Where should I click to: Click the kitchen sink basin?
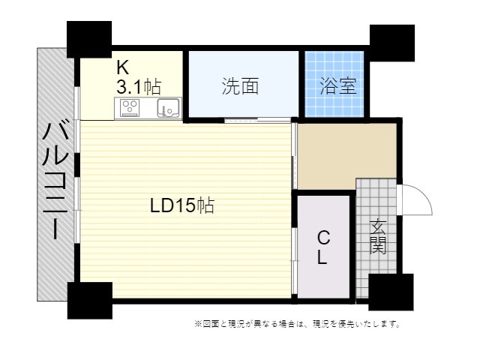tap(168, 107)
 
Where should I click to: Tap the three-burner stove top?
tap(130, 107)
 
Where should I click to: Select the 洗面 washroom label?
tap(240, 86)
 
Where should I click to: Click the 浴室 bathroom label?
tap(338, 86)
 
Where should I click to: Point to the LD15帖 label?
tap(181, 205)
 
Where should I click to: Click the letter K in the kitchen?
tap(123, 67)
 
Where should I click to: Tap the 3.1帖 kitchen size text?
tap(139, 87)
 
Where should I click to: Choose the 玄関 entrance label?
tap(378, 236)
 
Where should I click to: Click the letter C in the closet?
tap(323, 238)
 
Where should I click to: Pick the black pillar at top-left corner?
tap(89, 39)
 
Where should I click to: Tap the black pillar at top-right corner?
tap(392, 43)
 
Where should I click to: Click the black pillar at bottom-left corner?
tap(90, 301)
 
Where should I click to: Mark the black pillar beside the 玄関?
tap(391, 292)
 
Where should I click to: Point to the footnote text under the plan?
tap(297, 323)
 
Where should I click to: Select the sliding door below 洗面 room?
tap(257, 120)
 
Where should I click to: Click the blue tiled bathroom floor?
tap(334, 84)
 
